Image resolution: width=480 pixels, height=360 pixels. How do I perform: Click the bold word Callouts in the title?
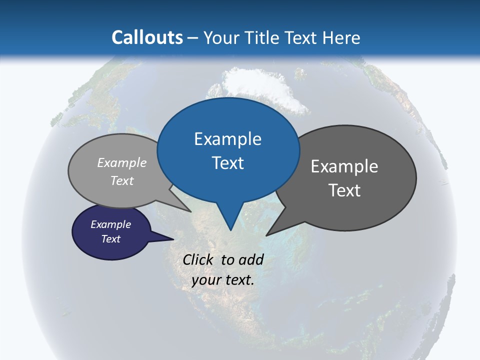click(x=147, y=37)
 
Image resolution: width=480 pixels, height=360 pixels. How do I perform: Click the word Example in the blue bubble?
click(x=227, y=139)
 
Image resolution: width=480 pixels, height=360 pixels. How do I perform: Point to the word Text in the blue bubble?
click(x=227, y=163)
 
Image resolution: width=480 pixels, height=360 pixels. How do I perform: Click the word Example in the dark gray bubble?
click(x=344, y=166)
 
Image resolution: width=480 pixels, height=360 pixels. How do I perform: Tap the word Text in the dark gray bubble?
click(x=344, y=190)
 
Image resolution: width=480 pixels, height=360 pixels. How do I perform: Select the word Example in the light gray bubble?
click(x=122, y=162)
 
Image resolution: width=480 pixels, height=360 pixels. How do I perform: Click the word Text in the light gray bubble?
click(x=122, y=180)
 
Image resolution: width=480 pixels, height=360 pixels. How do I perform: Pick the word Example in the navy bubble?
click(x=111, y=224)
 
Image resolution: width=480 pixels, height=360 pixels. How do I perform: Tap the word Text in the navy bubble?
click(x=111, y=239)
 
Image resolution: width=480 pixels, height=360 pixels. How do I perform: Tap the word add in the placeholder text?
click(x=251, y=259)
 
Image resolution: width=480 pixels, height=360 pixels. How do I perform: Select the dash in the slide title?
click(x=193, y=37)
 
